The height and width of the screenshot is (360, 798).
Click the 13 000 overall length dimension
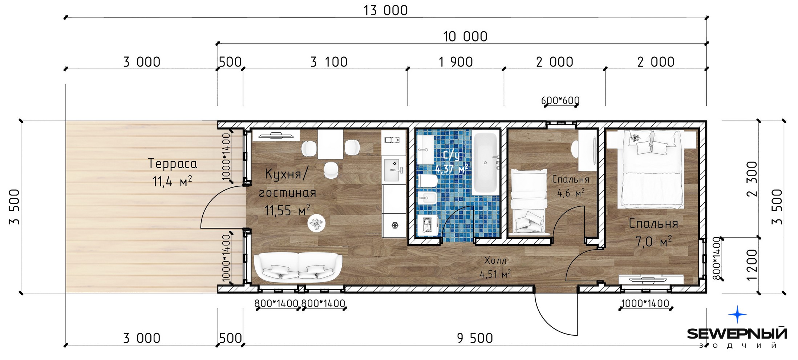[x=385, y=11]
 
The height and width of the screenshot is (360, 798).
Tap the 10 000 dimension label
[x=465, y=37]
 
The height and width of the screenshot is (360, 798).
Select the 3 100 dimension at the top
[x=329, y=62]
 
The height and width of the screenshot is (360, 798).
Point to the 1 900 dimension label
[x=455, y=62]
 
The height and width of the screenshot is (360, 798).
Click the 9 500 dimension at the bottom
[x=475, y=339]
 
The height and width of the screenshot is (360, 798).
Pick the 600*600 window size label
[x=560, y=100]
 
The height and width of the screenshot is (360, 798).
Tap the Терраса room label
[x=173, y=164]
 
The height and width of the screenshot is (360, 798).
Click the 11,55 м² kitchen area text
[x=287, y=210]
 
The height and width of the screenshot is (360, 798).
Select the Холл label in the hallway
[x=495, y=260]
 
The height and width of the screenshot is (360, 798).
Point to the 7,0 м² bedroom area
[x=653, y=242]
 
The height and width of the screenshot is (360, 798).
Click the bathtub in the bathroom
[x=486, y=163]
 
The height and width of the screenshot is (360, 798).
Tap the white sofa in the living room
[x=298, y=267]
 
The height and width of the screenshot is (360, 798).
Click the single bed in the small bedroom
[x=528, y=201]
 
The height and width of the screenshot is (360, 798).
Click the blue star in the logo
[x=737, y=314]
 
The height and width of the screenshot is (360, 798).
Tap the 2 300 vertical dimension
[x=752, y=179]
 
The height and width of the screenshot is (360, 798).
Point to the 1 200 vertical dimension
[x=752, y=265]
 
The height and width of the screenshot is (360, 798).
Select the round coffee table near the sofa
[x=316, y=223]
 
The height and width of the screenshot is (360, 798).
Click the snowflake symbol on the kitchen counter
[x=394, y=226]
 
